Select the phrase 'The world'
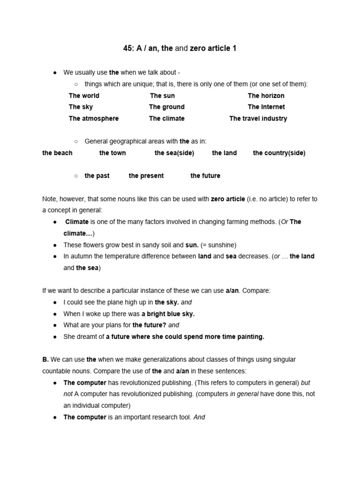click(84, 96)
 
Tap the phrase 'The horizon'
click(266, 96)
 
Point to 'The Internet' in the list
click(266, 107)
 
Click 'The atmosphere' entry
click(94, 119)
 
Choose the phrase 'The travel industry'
click(258, 119)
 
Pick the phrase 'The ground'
click(166, 107)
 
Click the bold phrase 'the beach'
click(57, 153)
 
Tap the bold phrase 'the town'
click(112, 153)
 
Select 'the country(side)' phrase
click(279, 153)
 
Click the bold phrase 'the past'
click(97, 176)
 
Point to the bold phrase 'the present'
click(146, 176)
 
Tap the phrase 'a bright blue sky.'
click(168, 314)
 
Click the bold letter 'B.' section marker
click(45, 360)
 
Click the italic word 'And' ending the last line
click(199, 417)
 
